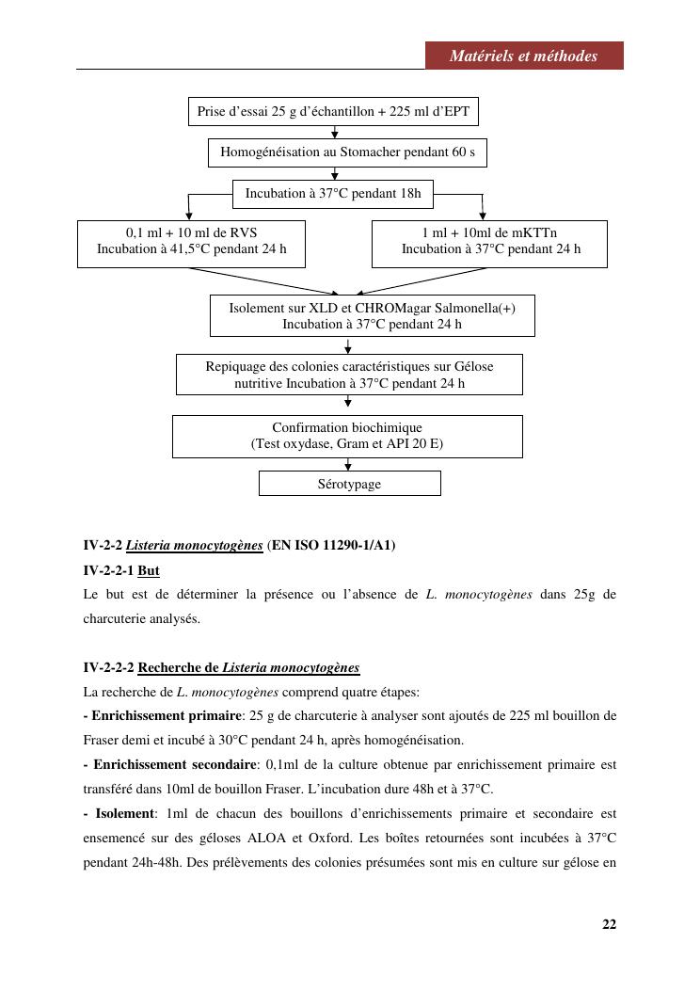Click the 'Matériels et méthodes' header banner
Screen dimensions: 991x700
(523, 56)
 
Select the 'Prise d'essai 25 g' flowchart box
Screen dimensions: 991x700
(333, 112)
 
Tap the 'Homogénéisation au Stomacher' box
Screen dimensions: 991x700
(347, 152)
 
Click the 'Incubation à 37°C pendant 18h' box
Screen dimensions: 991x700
(333, 194)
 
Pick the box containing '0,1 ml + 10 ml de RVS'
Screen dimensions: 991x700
(191, 242)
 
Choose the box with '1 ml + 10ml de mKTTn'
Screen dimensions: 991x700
(489, 242)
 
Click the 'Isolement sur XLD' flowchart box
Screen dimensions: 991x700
(372, 316)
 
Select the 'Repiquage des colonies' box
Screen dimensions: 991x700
(349, 375)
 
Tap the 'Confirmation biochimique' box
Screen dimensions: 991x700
(347, 436)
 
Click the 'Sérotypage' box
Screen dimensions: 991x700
(349, 484)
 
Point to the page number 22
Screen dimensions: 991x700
(609, 924)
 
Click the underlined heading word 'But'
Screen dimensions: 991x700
(149, 570)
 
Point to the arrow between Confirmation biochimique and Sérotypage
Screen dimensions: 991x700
(348, 464)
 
